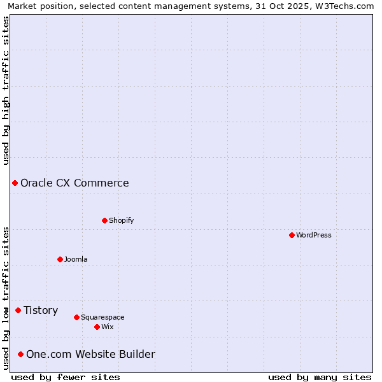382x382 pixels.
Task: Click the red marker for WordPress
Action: (292, 235)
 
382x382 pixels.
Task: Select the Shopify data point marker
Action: (104, 220)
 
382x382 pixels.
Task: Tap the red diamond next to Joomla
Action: (60, 259)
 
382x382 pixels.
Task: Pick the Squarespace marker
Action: (76, 317)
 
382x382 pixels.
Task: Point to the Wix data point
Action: (97, 327)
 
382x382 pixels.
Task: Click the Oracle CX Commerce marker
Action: (15, 183)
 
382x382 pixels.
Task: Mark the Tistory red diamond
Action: (18, 310)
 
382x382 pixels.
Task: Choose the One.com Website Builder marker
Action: (20, 354)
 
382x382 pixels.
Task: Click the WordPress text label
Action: (314, 235)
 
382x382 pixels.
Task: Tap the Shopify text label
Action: (122, 220)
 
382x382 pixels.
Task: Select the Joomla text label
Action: (76, 259)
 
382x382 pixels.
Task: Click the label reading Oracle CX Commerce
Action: (74, 183)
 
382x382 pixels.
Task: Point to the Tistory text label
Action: (41, 310)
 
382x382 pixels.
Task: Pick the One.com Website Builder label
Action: (90, 354)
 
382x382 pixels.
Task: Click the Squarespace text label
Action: (103, 317)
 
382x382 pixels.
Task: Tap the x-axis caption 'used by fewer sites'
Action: (66, 377)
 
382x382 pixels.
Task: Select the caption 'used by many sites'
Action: (320, 377)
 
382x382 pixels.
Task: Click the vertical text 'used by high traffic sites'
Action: (6, 90)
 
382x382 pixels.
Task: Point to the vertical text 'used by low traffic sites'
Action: (6, 298)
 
